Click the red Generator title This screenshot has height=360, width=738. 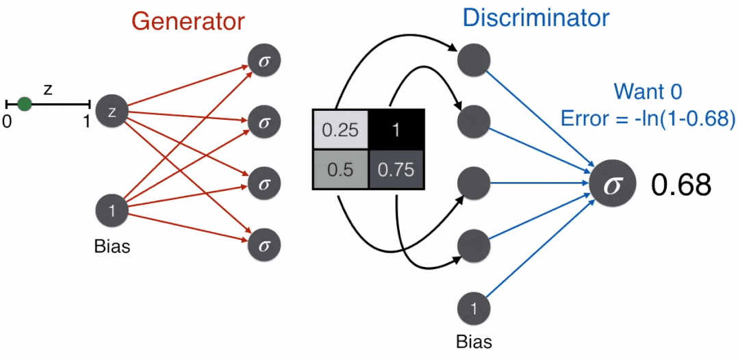tap(188, 21)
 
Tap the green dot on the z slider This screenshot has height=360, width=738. tap(24, 103)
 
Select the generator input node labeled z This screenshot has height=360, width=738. tap(112, 112)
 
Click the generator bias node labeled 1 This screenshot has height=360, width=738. tap(112, 210)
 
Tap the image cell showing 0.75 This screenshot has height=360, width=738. tap(396, 170)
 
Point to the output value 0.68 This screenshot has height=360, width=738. tap(680, 185)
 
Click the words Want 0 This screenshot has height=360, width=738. tap(648, 93)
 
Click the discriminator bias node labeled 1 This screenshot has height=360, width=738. tap(474, 309)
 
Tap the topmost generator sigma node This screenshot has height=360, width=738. tap(264, 61)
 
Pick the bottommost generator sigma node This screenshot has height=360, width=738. tap(264, 245)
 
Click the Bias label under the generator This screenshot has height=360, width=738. tap(112, 246)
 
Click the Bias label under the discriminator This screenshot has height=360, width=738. tap(474, 341)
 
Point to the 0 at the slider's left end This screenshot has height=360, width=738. tap(6, 122)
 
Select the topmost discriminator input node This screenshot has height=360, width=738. tap(474, 60)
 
